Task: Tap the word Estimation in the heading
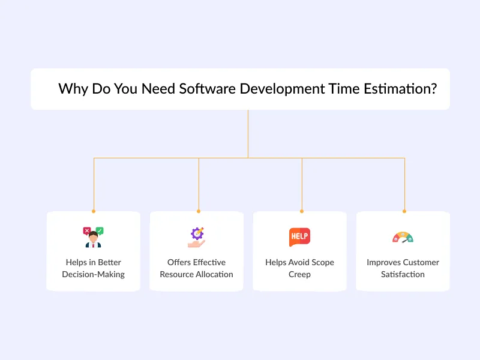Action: tap(400, 89)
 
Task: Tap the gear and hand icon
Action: tap(196, 238)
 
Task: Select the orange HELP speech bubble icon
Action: tap(299, 237)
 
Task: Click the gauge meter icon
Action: tap(403, 238)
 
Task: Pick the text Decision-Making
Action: tap(93, 274)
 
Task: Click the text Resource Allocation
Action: tap(196, 274)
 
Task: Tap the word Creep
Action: tap(299, 274)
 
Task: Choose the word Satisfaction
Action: tap(403, 274)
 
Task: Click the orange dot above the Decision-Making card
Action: tap(94, 211)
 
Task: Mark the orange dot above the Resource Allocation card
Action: tap(199, 211)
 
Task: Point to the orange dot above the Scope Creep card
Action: tap(302, 211)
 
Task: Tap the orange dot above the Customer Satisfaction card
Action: tap(404, 211)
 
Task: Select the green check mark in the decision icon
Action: tap(100, 230)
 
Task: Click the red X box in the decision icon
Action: tap(87, 230)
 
